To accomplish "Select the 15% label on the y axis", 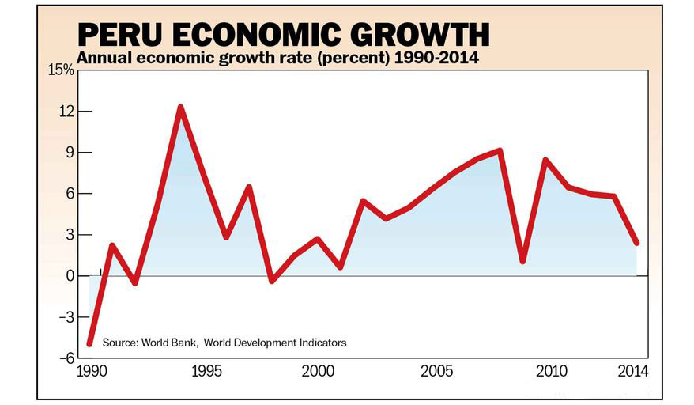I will (60, 70).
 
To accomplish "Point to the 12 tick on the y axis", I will (65, 112).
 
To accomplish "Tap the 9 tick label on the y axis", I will (69, 153).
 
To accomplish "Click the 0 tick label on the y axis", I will (69, 276).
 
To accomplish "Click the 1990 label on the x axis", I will (90, 371).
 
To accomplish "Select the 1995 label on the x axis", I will (203, 371).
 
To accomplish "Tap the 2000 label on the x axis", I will (317, 371).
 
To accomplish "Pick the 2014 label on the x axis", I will (634, 371).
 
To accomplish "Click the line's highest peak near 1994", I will (180, 107).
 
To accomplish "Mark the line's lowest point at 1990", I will (89, 343).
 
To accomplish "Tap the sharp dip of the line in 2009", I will (522, 260).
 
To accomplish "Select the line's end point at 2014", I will (636, 243).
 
